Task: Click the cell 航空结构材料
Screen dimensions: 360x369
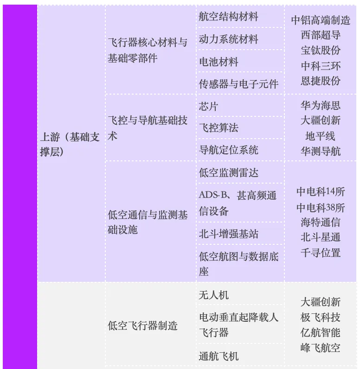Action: point(228,17)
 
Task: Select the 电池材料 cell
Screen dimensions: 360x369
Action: point(219,62)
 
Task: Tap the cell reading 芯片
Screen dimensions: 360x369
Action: point(208,106)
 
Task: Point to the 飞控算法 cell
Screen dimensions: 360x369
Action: point(219,128)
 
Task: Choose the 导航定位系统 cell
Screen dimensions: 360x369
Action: point(228,150)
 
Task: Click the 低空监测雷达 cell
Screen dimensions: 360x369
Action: point(228,173)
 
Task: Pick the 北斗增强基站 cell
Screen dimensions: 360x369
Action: point(228,234)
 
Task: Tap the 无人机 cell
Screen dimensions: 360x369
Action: point(213,295)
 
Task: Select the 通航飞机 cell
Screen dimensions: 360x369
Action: point(219,356)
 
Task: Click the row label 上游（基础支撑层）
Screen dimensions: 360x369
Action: point(70,144)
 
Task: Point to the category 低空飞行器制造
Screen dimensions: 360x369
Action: point(142,325)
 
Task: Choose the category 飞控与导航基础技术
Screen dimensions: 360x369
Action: point(148,128)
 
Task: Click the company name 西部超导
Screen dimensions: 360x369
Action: point(320,35)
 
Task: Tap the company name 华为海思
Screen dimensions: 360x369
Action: point(320,105)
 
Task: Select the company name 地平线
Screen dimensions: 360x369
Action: point(320,136)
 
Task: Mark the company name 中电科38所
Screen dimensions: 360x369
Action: point(320,207)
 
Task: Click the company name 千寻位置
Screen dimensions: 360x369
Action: point(320,253)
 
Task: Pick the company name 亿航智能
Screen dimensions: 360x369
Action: point(320,332)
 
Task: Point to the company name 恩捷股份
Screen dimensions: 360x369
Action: point(320,81)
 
